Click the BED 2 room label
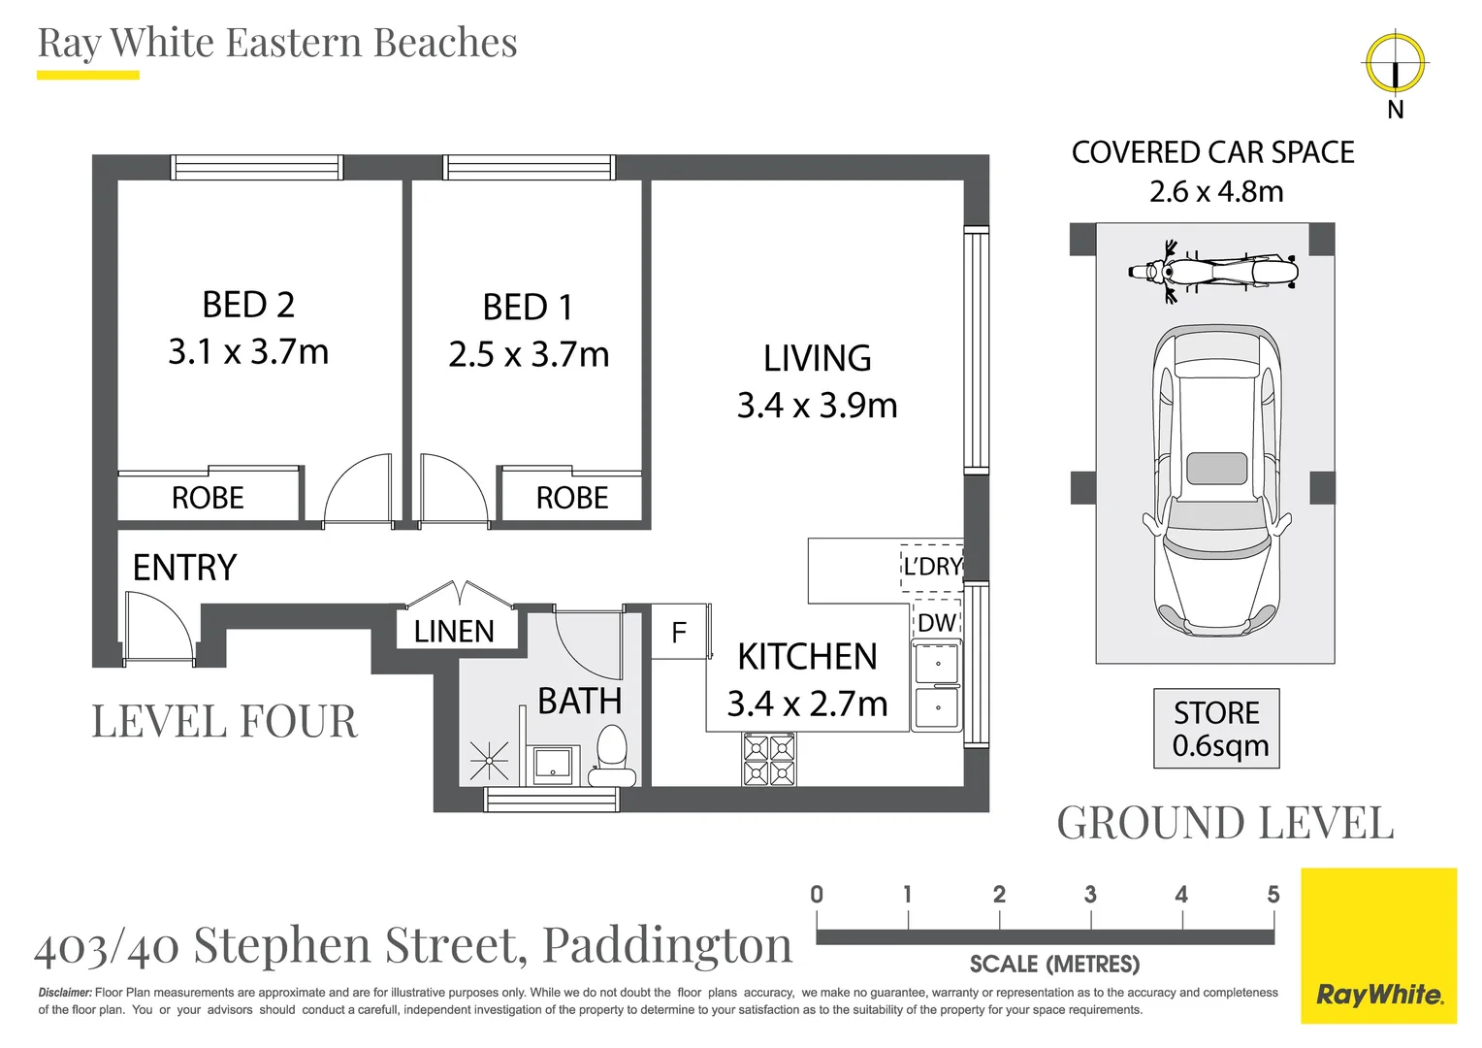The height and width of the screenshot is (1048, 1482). (248, 306)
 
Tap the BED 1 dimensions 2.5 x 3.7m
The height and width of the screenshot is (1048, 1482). (529, 354)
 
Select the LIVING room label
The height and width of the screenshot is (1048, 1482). (817, 358)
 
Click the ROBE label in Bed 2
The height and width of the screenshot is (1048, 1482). (208, 498)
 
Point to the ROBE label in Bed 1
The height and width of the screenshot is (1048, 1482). (572, 498)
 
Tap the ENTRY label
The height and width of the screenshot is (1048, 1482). (184, 568)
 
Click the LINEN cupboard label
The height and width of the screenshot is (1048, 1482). (455, 632)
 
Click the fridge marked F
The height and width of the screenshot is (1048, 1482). (680, 632)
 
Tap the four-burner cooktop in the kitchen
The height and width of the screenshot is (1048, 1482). (769, 759)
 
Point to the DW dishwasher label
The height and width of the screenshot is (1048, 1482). (937, 623)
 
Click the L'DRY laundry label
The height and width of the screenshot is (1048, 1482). (932, 567)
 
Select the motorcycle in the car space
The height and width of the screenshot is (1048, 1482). (1213, 272)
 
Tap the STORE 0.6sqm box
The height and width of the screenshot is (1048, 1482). (1216, 728)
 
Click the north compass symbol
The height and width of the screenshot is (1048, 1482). (1396, 64)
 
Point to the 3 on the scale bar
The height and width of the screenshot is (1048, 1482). (1090, 895)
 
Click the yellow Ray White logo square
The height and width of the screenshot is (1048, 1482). (1379, 945)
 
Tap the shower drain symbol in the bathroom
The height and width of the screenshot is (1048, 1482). (489, 761)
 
